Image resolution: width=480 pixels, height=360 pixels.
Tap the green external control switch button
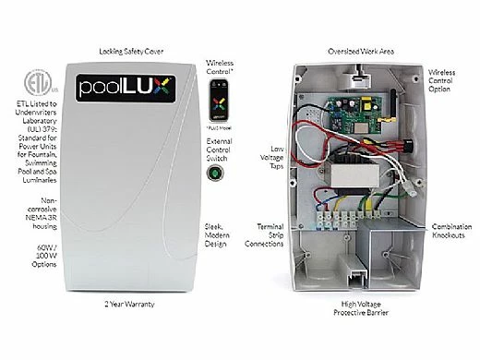point(218,171)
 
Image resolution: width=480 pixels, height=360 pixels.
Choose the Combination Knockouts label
point(451,231)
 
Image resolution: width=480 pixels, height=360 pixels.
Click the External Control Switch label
point(219,144)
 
